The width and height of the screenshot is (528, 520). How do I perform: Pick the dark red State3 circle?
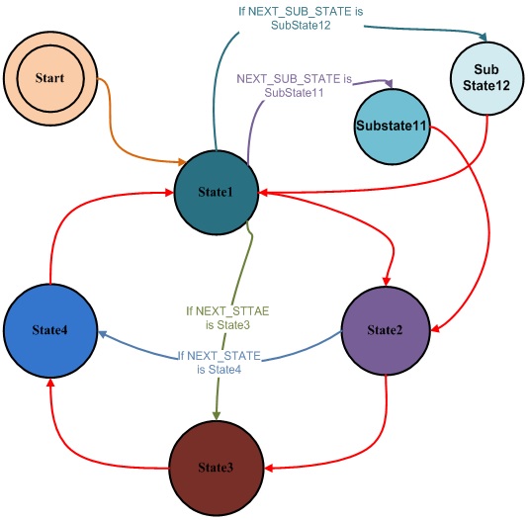pos(216,464)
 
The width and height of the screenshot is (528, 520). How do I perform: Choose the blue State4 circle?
pos(48,328)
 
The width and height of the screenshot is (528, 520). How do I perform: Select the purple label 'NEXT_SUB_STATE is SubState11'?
pos(295,84)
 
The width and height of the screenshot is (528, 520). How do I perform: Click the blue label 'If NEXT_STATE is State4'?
pos(220,362)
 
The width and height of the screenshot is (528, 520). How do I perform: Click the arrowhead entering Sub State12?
pos(484,39)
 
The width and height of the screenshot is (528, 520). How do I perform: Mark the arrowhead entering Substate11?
pos(392,82)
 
